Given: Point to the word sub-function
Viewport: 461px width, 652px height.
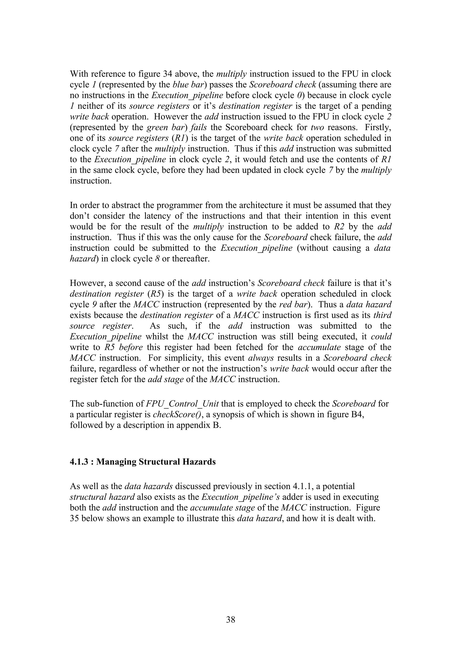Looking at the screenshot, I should pyautogui.click(x=109, y=404).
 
